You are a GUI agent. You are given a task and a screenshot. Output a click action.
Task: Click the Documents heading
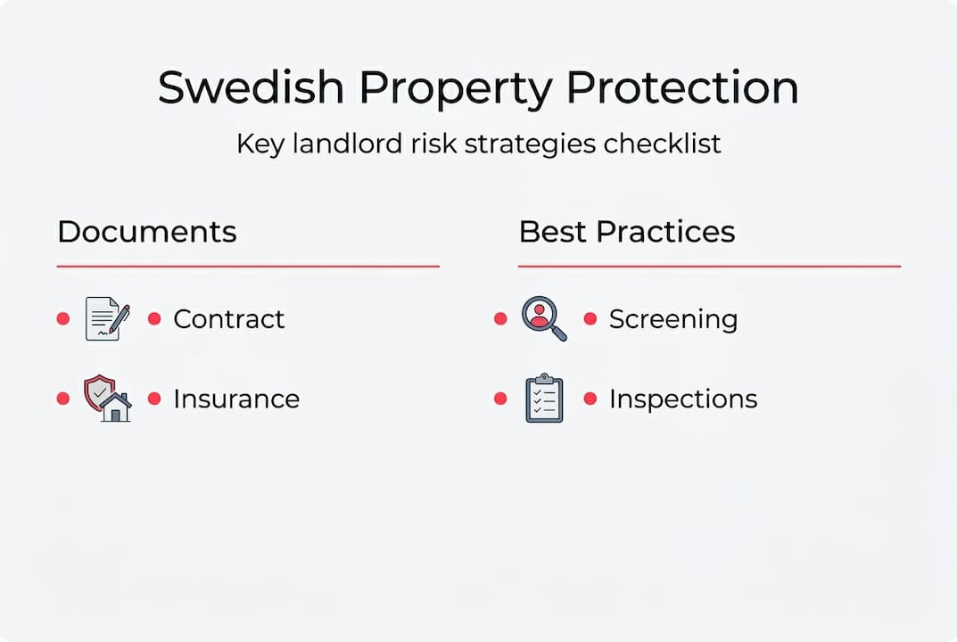(x=147, y=232)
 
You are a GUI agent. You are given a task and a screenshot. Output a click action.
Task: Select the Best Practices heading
(x=627, y=232)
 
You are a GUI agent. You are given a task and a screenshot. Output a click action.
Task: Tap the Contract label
(x=229, y=319)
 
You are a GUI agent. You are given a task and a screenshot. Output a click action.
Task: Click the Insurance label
(x=236, y=399)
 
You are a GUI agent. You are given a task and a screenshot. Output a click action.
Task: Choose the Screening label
(x=673, y=319)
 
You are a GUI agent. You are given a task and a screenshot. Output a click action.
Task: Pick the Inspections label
(x=683, y=399)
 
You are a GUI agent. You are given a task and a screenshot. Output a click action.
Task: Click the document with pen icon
(x=106, y=319)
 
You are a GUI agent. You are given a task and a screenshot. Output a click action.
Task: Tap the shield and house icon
(x=107, y=399)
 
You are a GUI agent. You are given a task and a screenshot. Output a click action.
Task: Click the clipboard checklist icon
(x=544, y=399)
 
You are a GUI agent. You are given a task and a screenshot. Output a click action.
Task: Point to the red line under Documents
(x=248, y=266)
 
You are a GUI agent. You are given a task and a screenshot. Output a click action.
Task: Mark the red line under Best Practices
(x=709, y=266)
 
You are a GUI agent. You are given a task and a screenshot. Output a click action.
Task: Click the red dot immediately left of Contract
(x=154, y=318)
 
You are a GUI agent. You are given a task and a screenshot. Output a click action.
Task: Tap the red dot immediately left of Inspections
(x=590, y=399)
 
